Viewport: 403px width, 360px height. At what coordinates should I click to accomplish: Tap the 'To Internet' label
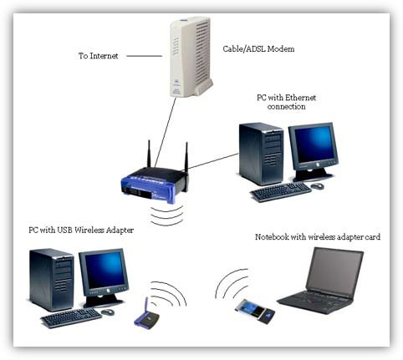point(98,56)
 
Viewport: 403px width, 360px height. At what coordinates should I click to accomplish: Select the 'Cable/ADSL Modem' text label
point(257,49)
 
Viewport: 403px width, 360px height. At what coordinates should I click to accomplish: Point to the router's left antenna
point(149,155)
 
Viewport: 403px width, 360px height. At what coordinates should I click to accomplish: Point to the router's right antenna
point(186,157)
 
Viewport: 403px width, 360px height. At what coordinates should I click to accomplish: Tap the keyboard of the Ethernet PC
point(280,192)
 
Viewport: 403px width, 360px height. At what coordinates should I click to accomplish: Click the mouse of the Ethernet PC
point(317,186)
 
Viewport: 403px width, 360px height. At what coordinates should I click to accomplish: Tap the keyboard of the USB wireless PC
point(70,317)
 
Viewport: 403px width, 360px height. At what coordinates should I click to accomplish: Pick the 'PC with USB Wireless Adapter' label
point(81,230)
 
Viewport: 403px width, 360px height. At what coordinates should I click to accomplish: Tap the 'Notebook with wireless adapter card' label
point(317,237)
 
